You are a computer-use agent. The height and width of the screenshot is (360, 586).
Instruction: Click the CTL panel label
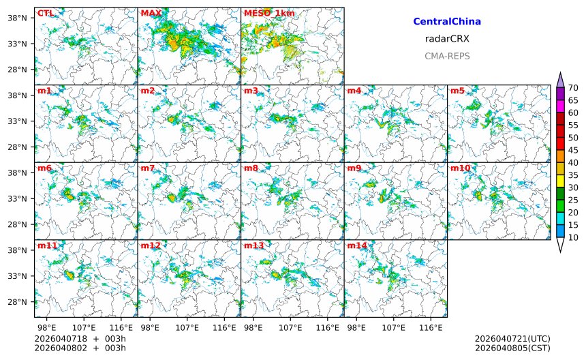[x=45, y=13]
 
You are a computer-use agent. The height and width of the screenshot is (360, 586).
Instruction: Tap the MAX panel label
[x=151, y=13]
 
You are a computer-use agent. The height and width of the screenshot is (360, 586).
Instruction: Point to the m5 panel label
[x=457, y=91]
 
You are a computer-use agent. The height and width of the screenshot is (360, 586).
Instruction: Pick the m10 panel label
[x=460, y=168]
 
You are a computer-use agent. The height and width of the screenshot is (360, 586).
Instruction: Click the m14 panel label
[x=357, y=245]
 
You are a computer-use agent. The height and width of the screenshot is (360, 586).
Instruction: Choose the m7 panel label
[x=148, y=168]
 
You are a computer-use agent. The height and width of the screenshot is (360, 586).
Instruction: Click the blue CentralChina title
[x=447, y=22]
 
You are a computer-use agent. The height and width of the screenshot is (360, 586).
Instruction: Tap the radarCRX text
[x=447, y=39]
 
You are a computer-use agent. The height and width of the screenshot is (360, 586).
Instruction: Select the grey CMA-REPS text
[x=447, y=56]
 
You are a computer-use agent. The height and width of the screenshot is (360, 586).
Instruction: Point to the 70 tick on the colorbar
[x=573, y=87]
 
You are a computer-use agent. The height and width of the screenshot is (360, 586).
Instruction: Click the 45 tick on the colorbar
[x=573, y=150]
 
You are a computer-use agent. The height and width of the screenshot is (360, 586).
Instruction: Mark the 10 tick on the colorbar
[x=573, y=237]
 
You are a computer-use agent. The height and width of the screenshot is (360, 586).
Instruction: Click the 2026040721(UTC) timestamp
[x=512, y=339]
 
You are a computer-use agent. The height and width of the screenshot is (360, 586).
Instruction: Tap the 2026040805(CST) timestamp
[x=512, y=348]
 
